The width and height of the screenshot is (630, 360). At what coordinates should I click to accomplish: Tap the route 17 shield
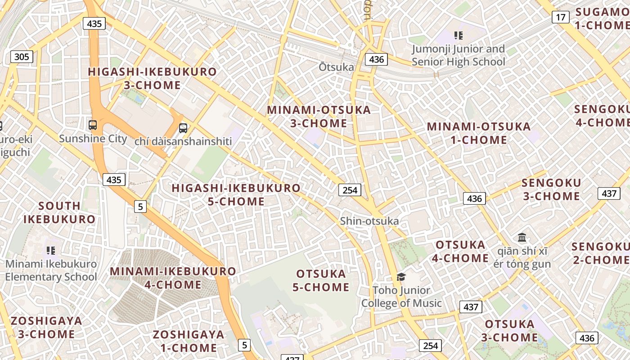click(560, 18)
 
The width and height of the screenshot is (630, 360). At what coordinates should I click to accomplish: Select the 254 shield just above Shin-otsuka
click(350, 190)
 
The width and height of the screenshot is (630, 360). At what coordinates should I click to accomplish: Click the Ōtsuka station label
click(336, 67)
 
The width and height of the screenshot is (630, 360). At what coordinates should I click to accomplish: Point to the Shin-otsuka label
click(369, 221)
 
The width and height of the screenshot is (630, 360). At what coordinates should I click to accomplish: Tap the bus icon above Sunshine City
click(93, 125)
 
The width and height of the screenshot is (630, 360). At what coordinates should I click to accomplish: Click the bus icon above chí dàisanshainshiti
click(183, 128)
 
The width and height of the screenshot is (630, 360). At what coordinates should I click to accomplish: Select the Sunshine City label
click(93, 139)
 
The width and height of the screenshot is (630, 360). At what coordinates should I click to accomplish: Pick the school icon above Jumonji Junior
click(459, 36)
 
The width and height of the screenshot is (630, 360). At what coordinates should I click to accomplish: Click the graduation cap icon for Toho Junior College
click(401, 277)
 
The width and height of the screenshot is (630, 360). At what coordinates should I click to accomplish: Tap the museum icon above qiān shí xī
click(522, 237)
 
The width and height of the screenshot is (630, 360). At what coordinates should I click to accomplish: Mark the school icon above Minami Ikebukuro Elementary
click(51, 250)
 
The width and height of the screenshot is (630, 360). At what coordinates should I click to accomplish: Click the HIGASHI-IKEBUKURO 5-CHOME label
click(236, 195)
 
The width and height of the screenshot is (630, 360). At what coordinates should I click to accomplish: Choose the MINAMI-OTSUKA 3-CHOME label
click(319, 117)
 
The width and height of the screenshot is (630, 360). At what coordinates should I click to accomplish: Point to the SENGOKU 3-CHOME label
click(551, 189)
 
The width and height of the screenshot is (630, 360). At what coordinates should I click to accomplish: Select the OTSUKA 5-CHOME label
click(321, 280)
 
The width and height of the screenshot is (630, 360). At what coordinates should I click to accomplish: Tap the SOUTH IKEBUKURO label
click(59, 212)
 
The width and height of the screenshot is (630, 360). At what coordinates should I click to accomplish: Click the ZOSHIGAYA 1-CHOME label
click(189, 341)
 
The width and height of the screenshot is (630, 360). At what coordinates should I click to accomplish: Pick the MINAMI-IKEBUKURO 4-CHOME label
click(173, 278)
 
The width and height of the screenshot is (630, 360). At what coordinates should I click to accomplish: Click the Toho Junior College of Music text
click(401, 297)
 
